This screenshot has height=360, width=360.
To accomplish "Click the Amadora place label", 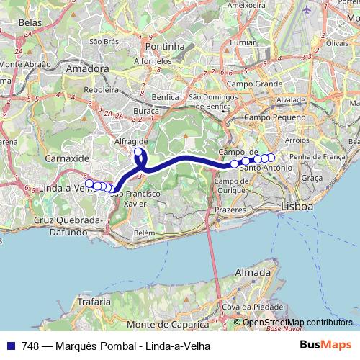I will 86,69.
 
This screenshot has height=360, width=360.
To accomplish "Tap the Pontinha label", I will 165,46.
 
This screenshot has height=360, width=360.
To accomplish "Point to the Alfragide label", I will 130,143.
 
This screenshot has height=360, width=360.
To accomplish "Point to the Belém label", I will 144,233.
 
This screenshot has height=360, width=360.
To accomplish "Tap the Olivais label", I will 337,43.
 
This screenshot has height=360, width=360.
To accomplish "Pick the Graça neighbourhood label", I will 312,177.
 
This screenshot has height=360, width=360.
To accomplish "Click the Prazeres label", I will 230,210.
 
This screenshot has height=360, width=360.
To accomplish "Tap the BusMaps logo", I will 325,346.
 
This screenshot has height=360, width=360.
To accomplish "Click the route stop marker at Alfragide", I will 138,152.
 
